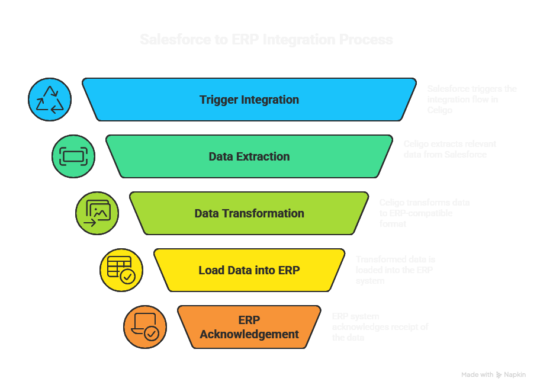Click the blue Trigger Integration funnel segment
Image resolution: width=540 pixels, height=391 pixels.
coord(249,100)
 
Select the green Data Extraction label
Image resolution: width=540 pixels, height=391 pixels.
coord(249,156)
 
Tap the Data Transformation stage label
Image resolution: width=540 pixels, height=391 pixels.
coord(249,213)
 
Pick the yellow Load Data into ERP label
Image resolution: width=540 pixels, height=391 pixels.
coord(249,270)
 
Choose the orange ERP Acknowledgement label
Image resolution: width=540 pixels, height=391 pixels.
coord(249,327)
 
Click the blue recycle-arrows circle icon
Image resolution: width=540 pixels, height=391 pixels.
coord(50,100)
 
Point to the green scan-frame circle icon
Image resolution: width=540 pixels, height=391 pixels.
coord(73,156)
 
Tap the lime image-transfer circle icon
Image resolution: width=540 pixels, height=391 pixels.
coord(97,213)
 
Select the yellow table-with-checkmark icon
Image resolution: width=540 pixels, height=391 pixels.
coord(121,270)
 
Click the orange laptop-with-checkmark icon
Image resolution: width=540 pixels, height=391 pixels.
coord(144,327)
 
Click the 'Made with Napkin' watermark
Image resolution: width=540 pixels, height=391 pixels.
coord(493,374)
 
